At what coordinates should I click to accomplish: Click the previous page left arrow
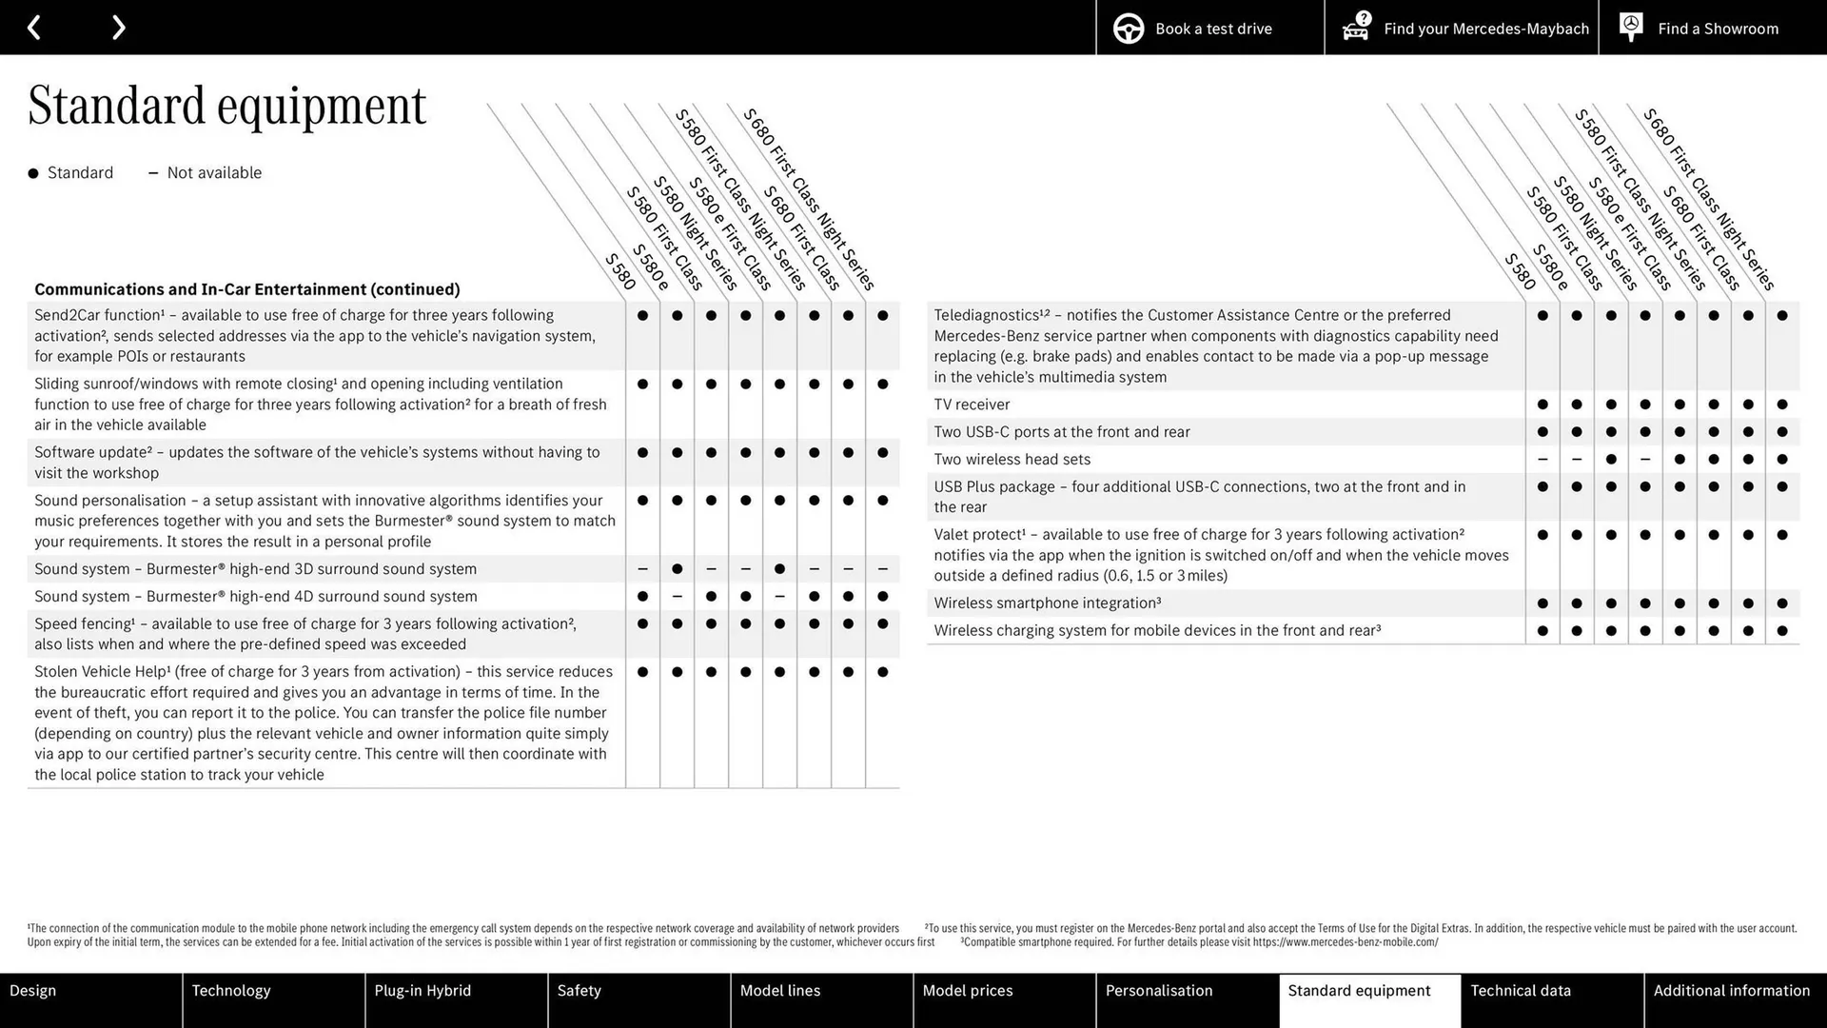pyautogui.click(x=33, y=28)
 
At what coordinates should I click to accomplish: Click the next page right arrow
pyautogui.click(x=118, y=28)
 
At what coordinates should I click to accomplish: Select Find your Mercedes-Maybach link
pyautogui.click(x=1465, y=29)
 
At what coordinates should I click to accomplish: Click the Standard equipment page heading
pyautogui.click(x=226, y=106)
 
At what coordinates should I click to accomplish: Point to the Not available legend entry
pyautogui.click(x=206, y=173)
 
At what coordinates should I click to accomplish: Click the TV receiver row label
pyautogui.click(x=972, y=405)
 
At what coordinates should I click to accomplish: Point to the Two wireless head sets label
pyautogui.click(x=1012, y=460)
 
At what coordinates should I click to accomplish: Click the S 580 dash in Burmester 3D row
pyautogui.click(x=642, y=569)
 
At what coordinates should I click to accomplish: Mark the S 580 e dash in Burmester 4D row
pyautogui.click(x=677, y=597)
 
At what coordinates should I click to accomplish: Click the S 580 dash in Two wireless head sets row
pyautogui.click(x=1542, y=460)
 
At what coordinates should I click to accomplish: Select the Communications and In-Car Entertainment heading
pyautogui.click(x=247, y=289)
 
